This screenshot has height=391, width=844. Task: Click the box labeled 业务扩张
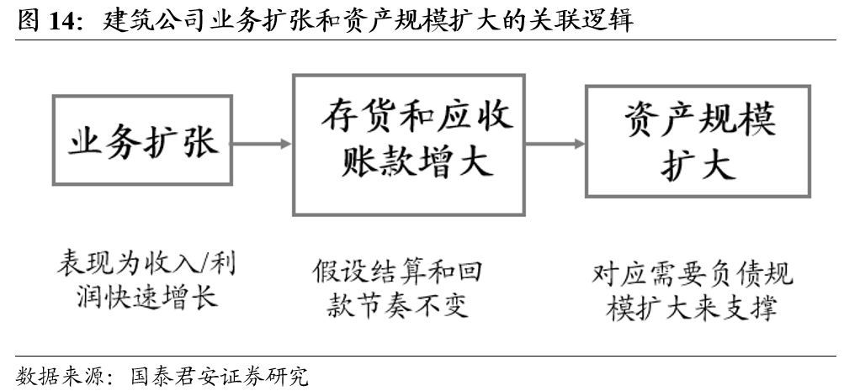point(142,140)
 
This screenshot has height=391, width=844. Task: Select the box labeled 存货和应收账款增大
point(408,144)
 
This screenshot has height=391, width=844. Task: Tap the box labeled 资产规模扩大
point(698,140)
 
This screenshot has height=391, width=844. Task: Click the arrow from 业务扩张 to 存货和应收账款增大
point(262,144)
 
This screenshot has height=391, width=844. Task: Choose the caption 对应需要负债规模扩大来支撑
point(692,291)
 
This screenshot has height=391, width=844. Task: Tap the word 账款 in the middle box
point(366,163)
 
